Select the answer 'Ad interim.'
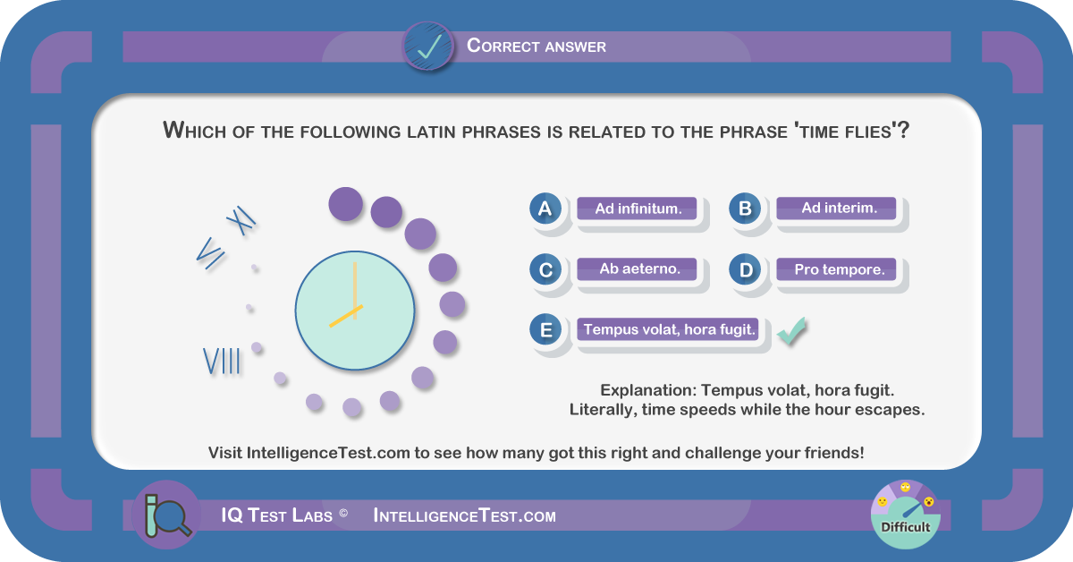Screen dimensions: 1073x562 click(x=836, y=209)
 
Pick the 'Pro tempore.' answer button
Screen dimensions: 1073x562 click(x=836, y=269)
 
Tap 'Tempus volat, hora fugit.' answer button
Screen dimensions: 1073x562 click(x=667, y=329)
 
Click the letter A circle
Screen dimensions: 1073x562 click(x=545, y=209)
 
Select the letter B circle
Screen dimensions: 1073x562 click(x=745, y=209)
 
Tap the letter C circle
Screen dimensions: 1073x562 click(x=545, y=269)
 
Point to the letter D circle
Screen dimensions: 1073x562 click(x=745, y=269)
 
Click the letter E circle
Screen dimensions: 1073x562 click(x=545, y=330)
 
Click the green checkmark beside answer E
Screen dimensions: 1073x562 click(x=791, y=331)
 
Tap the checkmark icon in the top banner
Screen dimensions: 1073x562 click(x=428, y=46)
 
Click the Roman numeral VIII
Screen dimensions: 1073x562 click(x=222, y=361)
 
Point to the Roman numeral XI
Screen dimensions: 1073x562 click(x=241, y=220)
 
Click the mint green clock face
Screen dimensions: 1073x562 click(x=355, y=311)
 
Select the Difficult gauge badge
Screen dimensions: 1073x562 click(x=905, y=515)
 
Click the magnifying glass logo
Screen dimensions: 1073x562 click(x=167, y=515)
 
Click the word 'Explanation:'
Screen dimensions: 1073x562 click(x=648, y=390)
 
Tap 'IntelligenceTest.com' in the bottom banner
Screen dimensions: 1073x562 click(x=464, y=515)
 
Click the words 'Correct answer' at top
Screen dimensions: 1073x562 click(x=536, y=46)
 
